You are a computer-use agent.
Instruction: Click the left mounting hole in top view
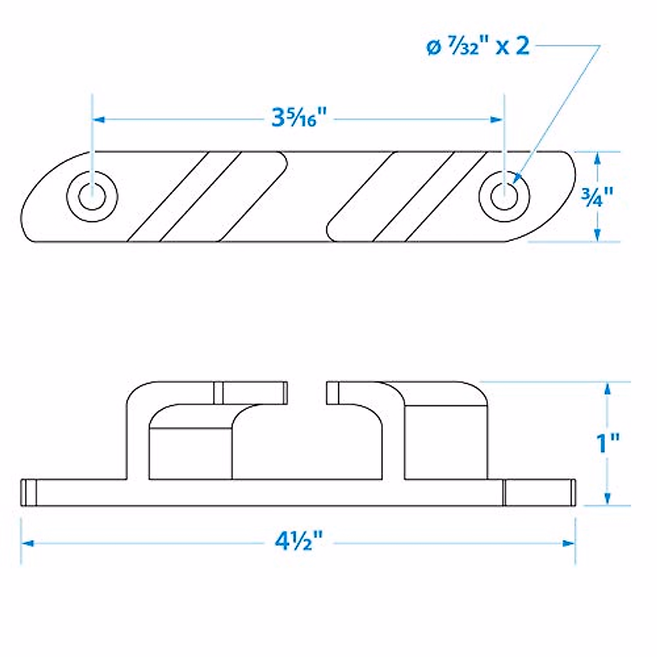pyautogui.click(x=92, y=195)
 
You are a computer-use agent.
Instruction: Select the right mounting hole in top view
pyautogui.click(x=503, y=195)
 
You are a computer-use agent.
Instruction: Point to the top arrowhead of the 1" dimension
pyautogui.click(x=607, y=388)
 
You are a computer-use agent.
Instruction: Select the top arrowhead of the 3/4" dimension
pyautogui.click(x=597, y=157)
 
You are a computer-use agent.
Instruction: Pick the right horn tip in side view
pyautogui.click(x=330, y=393)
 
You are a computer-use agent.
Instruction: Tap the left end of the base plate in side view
pyautogui.click(x=25, y=492)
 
